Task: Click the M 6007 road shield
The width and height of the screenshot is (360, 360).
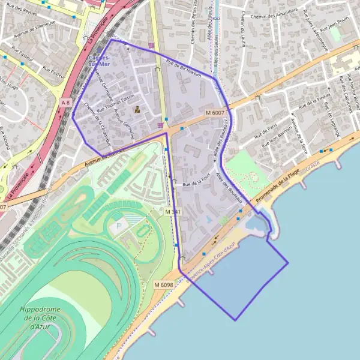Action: [x=215, y=113]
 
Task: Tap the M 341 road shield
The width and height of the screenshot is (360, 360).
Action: [x=172, y=212]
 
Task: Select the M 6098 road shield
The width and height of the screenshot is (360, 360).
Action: [x=163, y=284]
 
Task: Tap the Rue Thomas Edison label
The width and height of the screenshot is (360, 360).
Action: [x=112, y=103]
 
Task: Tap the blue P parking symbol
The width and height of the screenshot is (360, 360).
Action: [x=118, y=226]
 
